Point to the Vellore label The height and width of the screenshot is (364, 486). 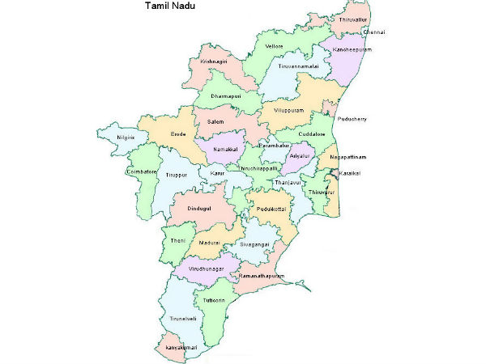point(274,47)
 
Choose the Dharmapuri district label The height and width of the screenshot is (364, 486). point(227,96)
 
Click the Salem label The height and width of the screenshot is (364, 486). point(215,121)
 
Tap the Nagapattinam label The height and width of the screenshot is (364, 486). point(347,156)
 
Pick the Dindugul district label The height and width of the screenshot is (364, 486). point(198,208)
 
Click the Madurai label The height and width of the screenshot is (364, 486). point(210,243)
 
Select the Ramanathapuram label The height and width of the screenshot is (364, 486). point(264,277)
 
